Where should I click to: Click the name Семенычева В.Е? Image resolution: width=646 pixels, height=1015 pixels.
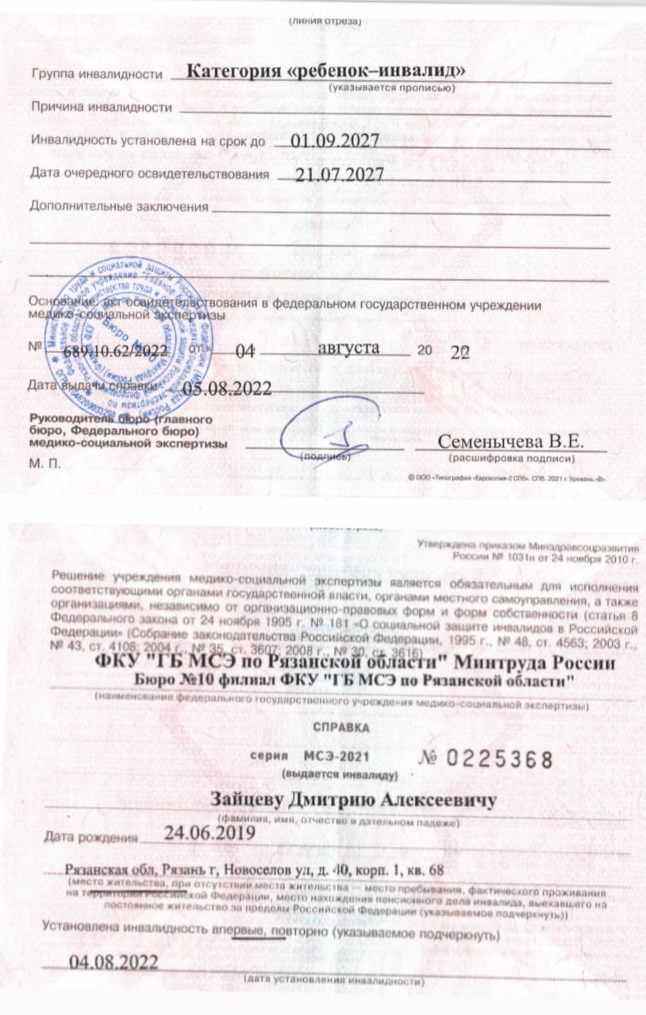(511, 441)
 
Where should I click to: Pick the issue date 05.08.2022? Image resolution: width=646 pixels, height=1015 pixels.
(227, 388)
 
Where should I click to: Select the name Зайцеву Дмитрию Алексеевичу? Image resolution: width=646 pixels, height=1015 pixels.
(353, 800)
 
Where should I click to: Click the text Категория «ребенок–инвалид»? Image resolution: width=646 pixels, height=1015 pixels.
(325, 71)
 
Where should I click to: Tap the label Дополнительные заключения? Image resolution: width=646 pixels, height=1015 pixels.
(118, 207)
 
